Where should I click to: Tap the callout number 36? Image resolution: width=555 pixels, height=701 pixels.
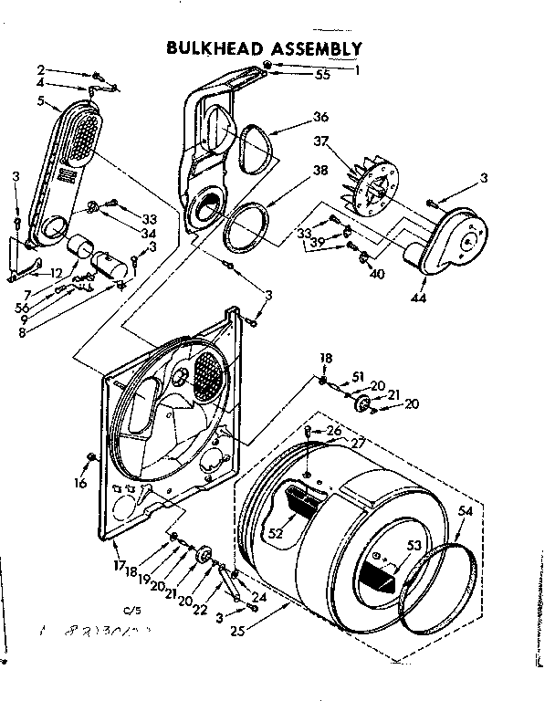[319, 117]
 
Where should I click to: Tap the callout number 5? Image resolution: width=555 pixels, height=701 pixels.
[40, 101]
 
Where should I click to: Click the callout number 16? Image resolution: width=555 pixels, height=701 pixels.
[80, 483]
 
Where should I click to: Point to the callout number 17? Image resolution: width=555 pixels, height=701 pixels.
[120, 566]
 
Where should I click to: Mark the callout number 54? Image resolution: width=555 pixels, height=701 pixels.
[466, 512]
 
